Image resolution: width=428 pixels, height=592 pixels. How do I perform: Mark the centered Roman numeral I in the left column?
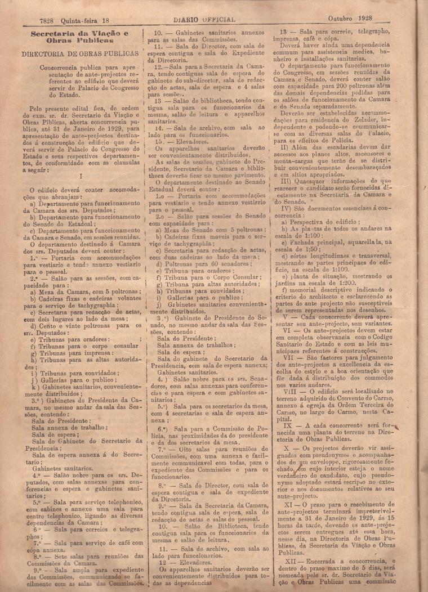pyautogui.click(x=81, y=176)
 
